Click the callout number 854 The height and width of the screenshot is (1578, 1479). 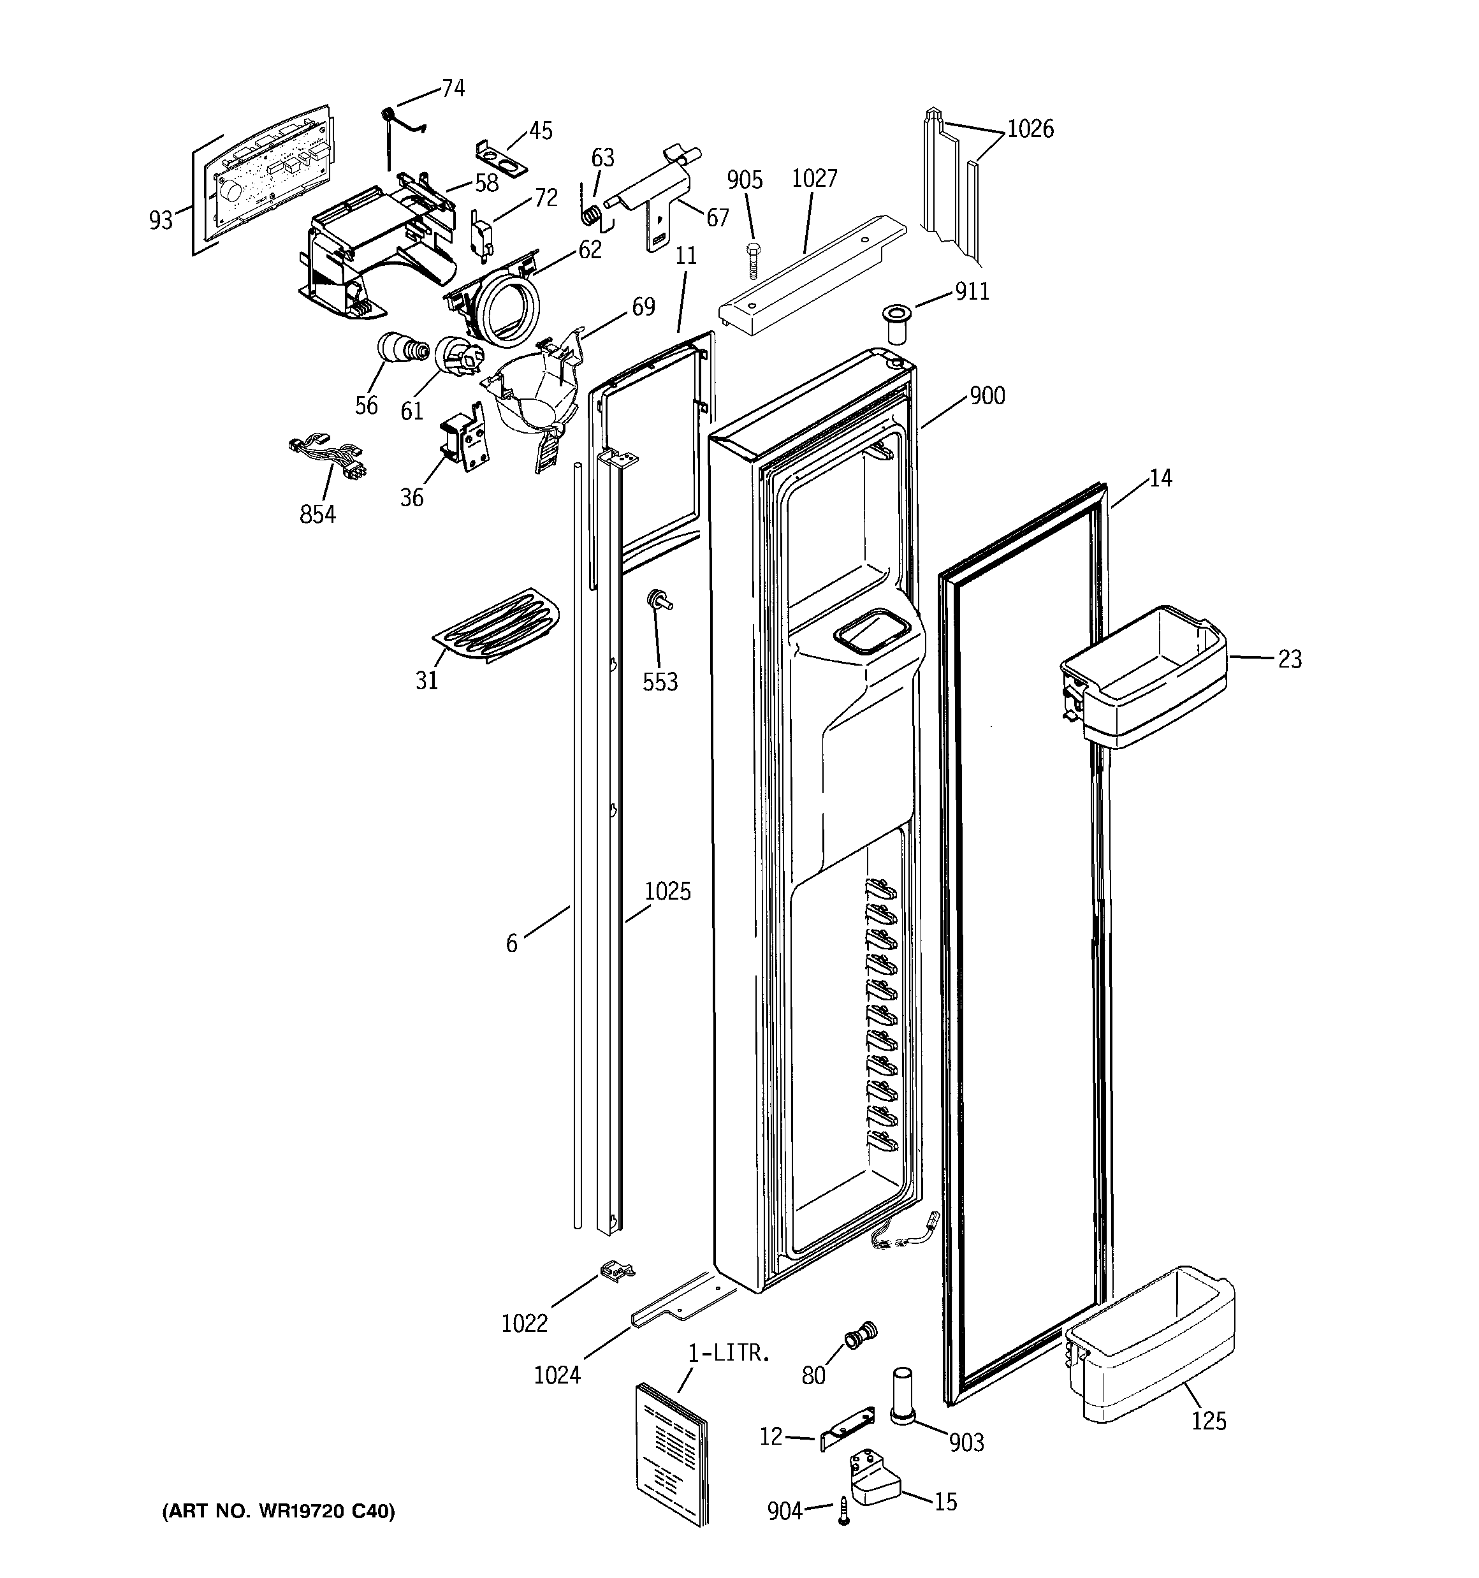[x=317, y=515]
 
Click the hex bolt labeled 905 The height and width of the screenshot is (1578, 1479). [x=754, y=256]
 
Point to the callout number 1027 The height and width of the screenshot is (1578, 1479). [x=815, y=179]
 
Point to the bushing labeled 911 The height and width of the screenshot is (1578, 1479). [x=897, y=325]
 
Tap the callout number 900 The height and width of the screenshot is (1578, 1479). [x=987, y=395]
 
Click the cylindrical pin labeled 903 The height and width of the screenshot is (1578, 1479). [x=903, y=1394]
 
